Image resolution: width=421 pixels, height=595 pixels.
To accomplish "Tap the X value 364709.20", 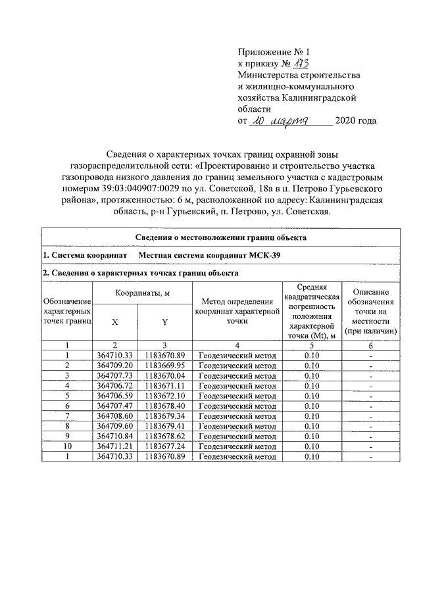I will [x=115, y=365].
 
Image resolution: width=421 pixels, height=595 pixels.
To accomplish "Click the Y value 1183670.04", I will [x=165, y=375].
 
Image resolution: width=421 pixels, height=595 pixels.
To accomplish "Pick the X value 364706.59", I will [x=115, y=396].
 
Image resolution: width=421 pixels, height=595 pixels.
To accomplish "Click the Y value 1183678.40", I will [x=165, y=406].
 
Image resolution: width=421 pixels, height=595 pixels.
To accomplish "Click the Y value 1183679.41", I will [x=165, y=426].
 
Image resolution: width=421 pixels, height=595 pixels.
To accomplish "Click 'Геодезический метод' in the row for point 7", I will [x=237, y=416].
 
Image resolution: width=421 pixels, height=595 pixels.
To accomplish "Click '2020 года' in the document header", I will [x=356, y=121].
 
